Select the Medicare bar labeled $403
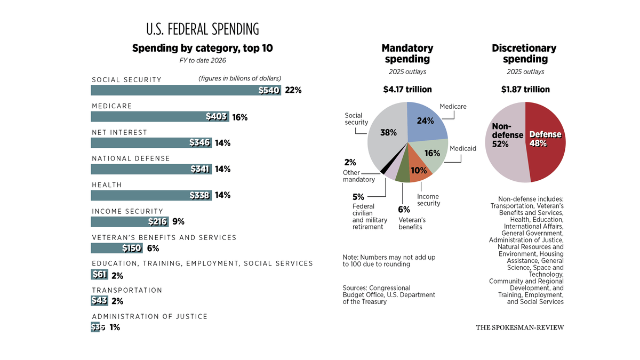tap(159, 117)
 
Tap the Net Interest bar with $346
tap(151, 143)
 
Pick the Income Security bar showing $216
tap(130, 222)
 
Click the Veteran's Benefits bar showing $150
tap(116, 248)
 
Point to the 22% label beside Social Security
tap(293, 90)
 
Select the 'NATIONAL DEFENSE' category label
tap(131, 158)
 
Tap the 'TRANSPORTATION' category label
tap(127, 290)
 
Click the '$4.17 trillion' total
tap(407, 90)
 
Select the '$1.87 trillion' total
tap(525, 90)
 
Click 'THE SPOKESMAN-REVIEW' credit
tap(519, 327)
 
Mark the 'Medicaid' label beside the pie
tap(462, 148)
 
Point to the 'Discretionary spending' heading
tap(525, 53)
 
